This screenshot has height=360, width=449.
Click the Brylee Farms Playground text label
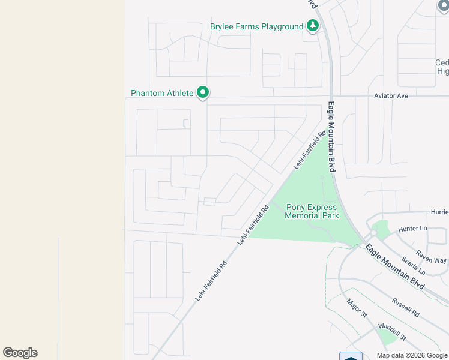[x=256, y=26]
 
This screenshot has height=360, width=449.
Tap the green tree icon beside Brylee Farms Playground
[x=312, y=26]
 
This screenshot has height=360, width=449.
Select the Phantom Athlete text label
[x=162, y=93]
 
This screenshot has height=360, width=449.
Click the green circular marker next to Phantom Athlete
[x=203, y=92]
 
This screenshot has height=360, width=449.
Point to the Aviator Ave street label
[x=391, y=96]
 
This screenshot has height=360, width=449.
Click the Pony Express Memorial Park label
[x=312, y=212]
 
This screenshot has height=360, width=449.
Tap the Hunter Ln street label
[x=412, y=229]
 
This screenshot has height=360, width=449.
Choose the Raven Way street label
[x=432, y=256]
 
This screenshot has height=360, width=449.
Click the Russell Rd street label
[x=405, y=307]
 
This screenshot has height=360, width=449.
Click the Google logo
[x=20, y=353]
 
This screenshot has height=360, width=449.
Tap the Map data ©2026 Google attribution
[x=412, y=355]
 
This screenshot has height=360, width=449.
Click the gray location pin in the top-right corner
[x=444, y=6]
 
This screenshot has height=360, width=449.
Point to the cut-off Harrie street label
[x=439, y=212]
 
